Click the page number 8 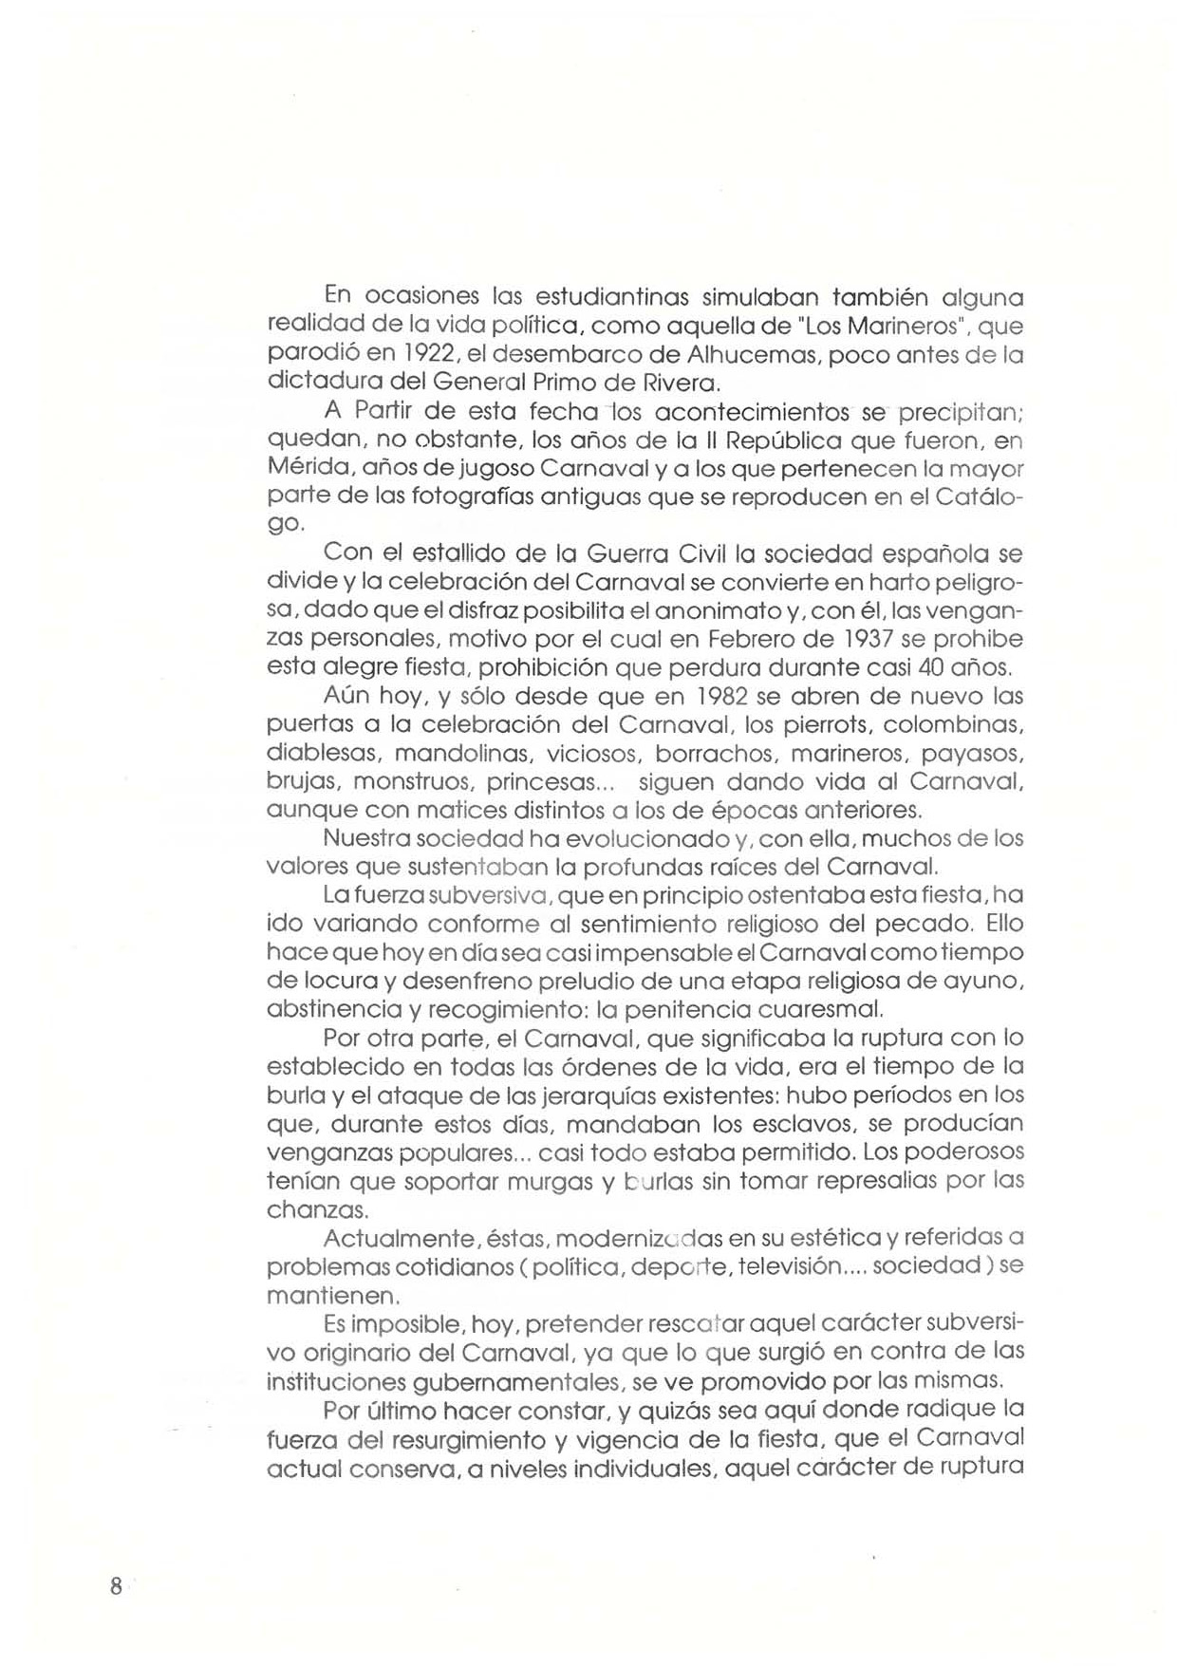(116, 1586)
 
